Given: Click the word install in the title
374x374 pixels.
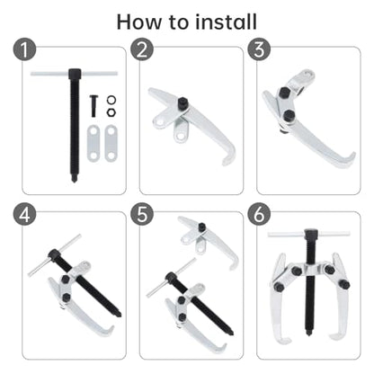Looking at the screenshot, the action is [226, 22].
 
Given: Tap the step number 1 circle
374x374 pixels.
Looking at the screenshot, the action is [24, 49].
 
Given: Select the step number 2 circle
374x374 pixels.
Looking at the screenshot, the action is [142, 49].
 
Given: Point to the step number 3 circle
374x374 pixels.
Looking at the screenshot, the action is [259, 49].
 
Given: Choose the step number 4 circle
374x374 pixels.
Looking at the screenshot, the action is [24, 215].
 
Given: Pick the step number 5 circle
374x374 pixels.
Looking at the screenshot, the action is [142, 215].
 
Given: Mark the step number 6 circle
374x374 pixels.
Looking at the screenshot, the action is [259, 215].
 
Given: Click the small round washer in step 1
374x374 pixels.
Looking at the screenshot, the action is [111, 100].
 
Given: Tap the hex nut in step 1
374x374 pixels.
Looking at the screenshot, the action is [111, 112].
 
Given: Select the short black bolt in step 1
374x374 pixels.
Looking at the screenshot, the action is [93, 106].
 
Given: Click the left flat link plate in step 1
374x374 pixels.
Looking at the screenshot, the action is [93, 143].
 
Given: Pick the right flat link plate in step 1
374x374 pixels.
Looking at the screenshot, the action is [111, 143].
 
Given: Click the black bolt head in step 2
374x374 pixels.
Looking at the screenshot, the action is [183, 103].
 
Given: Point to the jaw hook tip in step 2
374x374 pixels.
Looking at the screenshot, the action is [224, 164].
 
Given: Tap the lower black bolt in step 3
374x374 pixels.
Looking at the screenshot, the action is [289, 115].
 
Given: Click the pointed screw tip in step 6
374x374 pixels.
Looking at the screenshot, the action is [308, 334].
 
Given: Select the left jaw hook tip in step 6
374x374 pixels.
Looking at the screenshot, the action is [289, 341].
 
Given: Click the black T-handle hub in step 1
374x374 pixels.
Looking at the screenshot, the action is [75, 74].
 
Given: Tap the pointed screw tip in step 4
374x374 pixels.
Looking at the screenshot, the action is [120, 314].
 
